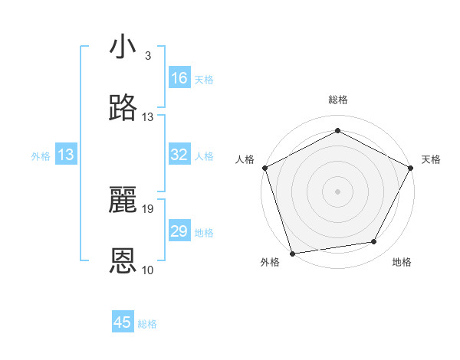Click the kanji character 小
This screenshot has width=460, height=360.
pyautogui.click(x=123, y=47)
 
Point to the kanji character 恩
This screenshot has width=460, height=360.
pyautogui.click(x=123, y=261)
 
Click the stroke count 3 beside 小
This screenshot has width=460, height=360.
pyautogui.click(x=147, y=56)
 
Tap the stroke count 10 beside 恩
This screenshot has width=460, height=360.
pyautogui.click(x=148, y=270)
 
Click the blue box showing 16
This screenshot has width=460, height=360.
pyautogui.click(x=179, y=78)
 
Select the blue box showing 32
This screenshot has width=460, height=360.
pyautogui.click(x=179, y=155)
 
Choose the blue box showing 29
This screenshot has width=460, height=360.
pyautogui.click(x=179, y=231)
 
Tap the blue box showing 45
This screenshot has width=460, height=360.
pyautogui.click(x=123, y=322)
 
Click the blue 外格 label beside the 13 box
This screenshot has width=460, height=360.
pyautogui.click(x=41, y=155)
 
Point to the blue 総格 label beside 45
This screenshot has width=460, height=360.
pyautogui.click(x=147, y=324)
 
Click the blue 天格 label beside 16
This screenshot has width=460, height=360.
pyautogui.click(x=204, y=79)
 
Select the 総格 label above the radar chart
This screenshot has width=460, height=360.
pyautogui.click(x=338, y=100)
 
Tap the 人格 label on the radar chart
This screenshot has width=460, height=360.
pyautogui.click(x=245, y=159)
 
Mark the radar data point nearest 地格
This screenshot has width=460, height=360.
pyautogui.click(x=374, y=242)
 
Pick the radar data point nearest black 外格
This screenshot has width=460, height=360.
pyautogui.click(x=292, y=253)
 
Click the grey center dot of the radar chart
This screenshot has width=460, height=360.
pyautogui.click(x=338, y=191)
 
